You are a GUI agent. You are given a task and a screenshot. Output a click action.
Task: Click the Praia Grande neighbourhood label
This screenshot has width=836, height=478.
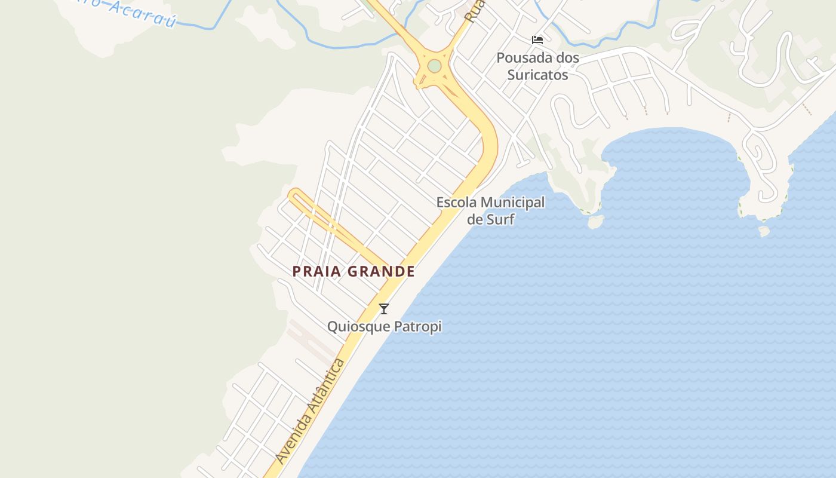point(354,271)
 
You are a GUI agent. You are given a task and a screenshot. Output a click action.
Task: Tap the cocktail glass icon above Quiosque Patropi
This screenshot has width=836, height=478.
point(384,309)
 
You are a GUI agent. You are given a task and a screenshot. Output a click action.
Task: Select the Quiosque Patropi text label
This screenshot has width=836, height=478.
point(384,327)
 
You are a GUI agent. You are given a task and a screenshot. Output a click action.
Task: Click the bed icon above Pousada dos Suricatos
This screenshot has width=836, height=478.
point(537,40)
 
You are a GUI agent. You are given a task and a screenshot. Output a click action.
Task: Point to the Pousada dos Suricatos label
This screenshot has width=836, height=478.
point(538,66)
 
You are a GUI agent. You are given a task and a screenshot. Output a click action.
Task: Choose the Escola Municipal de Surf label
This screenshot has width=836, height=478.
point(490,210)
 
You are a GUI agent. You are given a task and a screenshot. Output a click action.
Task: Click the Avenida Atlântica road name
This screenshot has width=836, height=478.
point(311,411)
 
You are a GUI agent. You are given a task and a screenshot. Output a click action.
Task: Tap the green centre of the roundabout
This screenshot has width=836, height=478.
point(435,66)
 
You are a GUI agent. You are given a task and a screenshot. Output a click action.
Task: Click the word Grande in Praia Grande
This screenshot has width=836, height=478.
point(381,271)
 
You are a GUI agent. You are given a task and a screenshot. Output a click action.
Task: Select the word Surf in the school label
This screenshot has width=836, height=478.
point(500,219)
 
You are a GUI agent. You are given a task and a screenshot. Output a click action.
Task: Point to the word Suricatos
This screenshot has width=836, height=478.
point(538,75)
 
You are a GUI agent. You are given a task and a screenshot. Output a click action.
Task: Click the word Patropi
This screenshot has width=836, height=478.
point(418,327)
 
